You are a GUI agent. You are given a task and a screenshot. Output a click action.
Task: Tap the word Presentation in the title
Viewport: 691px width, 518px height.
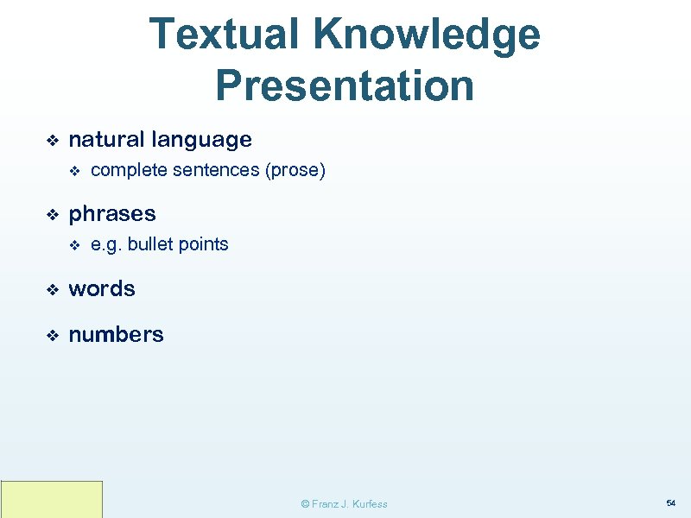pyautogui.click(x=345, y=85)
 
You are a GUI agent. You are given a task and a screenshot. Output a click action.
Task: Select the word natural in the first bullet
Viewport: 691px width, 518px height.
pyautogui.click(x=106, y=139)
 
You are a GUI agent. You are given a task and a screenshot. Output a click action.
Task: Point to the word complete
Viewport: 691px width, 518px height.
pyautogui.click(x=129, y=171)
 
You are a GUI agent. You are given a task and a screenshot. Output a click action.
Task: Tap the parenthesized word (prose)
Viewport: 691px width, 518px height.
pyautogui.click(x=295, y=171)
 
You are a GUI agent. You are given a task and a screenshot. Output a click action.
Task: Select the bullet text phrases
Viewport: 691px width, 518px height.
pyautogui.click(x=112, y=213)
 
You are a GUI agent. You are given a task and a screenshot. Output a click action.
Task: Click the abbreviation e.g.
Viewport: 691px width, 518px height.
pyautogui.click(x=106, y=245)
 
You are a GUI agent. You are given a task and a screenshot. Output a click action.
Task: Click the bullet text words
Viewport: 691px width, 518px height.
pyautogui.click(x=102, y=288)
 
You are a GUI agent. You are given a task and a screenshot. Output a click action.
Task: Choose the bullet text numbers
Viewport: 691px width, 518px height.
pyautogui.click(x=116, y=334)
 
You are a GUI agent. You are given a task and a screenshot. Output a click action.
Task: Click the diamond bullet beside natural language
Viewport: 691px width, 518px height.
pyautogui.click(x=52, y=140)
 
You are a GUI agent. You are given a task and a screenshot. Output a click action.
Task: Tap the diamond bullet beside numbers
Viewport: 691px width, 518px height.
pyautogui.click(x=52, y=335)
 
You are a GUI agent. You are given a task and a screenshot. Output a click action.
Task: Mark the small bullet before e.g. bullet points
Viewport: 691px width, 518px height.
pyautogui.click(x=74, y=245)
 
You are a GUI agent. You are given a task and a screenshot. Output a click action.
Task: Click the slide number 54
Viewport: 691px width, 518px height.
pyautogui.click(x=670, y=502)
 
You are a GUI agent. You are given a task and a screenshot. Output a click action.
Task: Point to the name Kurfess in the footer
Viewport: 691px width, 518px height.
pyautogui.click(x=369, y=504)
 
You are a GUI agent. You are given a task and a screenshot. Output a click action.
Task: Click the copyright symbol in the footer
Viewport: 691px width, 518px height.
pyautogui.click(x=304, y=504)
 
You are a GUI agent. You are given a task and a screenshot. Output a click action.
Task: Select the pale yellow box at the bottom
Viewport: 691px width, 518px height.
pyautogui.click(x=52, y=499)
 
